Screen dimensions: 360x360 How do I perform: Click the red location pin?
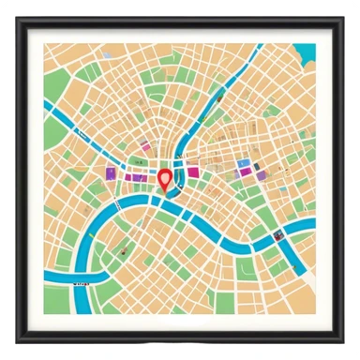165,179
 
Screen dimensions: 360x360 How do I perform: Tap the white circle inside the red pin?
165,175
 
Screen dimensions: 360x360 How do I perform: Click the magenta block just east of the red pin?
192,172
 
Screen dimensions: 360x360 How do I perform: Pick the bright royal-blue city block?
244,164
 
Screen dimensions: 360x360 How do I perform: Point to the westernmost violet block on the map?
111,172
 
